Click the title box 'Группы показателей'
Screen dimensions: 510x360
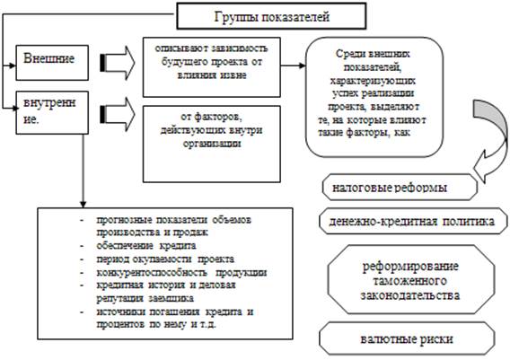271,16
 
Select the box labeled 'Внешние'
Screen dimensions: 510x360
52,63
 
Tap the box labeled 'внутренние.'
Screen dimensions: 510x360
52,112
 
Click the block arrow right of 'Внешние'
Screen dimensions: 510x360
117,63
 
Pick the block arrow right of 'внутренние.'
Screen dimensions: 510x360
117,114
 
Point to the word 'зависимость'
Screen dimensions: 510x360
240,48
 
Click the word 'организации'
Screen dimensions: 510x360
212,144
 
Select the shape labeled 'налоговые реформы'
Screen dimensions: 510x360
400,187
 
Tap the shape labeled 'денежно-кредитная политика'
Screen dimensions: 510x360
413,221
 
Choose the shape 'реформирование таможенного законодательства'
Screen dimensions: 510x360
411,280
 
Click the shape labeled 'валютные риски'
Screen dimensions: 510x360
407,338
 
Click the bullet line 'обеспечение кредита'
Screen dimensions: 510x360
146,245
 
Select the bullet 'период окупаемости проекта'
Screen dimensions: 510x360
165,259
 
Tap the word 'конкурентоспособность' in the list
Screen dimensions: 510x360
152,272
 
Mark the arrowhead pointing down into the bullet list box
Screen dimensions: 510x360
83,204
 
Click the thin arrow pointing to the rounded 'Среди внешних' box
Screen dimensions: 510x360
293,66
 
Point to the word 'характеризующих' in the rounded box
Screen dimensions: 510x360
373,80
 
